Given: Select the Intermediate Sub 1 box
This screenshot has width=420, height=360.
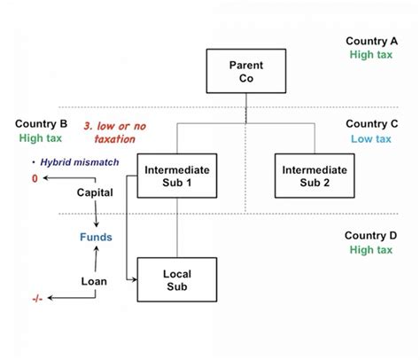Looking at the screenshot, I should click(x=176, y=176).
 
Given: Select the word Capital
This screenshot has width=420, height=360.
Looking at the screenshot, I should click(x=94, y=192).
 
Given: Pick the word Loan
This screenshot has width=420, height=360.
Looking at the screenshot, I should click(x=94, y=281).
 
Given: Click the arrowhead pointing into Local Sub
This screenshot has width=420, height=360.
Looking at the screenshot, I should click(x=135, y=280).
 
